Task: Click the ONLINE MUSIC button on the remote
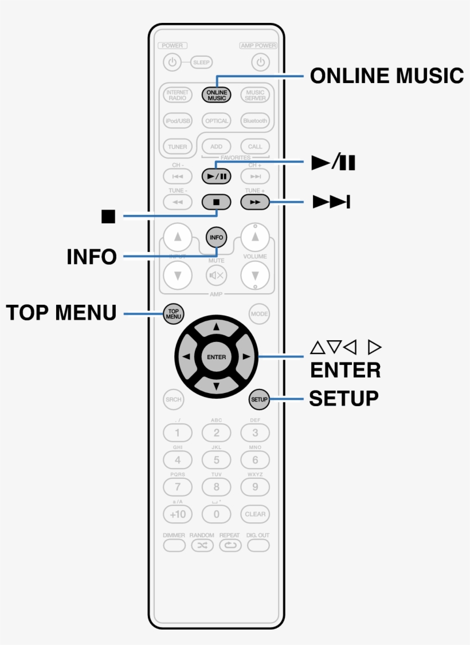tap(216, 95)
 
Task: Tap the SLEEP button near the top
tap(201, 62)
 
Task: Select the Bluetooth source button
tap(255, 121)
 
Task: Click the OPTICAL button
tap(216, 121)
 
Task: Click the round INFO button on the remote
tap(216, 237)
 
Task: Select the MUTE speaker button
tap(216, 275)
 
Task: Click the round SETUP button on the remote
tap(258, 399)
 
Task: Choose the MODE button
tap(258, 314)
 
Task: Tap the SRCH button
tap(174, 400)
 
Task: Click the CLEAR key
tap(255, 514)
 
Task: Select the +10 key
tap(178, 514)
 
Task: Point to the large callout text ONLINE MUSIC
tap(387, 76)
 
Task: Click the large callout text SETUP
tap(344, 398)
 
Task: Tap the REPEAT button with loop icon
tap(230, 545)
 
